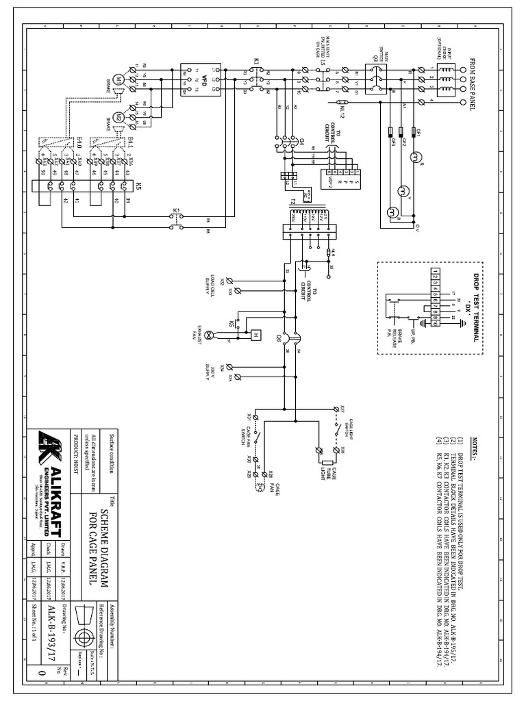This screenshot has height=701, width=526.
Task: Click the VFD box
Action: tap(200, 80)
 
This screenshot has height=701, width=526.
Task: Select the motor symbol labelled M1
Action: tap(118, 80)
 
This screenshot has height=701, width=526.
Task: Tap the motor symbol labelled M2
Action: tap(118, 116)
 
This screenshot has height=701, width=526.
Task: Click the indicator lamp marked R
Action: tap(414, 157)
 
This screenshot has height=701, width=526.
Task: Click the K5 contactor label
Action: tap(139, 186)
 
